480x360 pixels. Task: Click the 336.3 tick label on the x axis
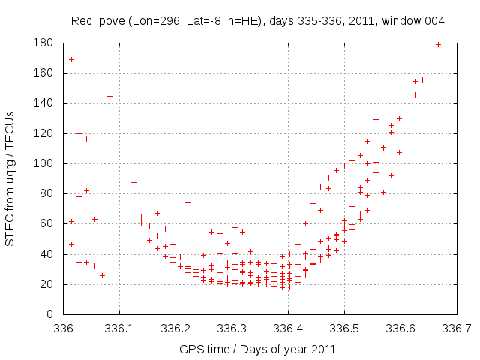232,328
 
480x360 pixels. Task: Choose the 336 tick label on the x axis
63,328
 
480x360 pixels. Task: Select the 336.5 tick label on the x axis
344,328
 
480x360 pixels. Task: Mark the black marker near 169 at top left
71,59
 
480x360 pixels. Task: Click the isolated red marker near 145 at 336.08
109,96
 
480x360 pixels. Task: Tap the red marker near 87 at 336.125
133,182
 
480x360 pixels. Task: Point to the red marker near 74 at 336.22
187,202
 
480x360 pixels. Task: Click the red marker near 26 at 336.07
102,275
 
